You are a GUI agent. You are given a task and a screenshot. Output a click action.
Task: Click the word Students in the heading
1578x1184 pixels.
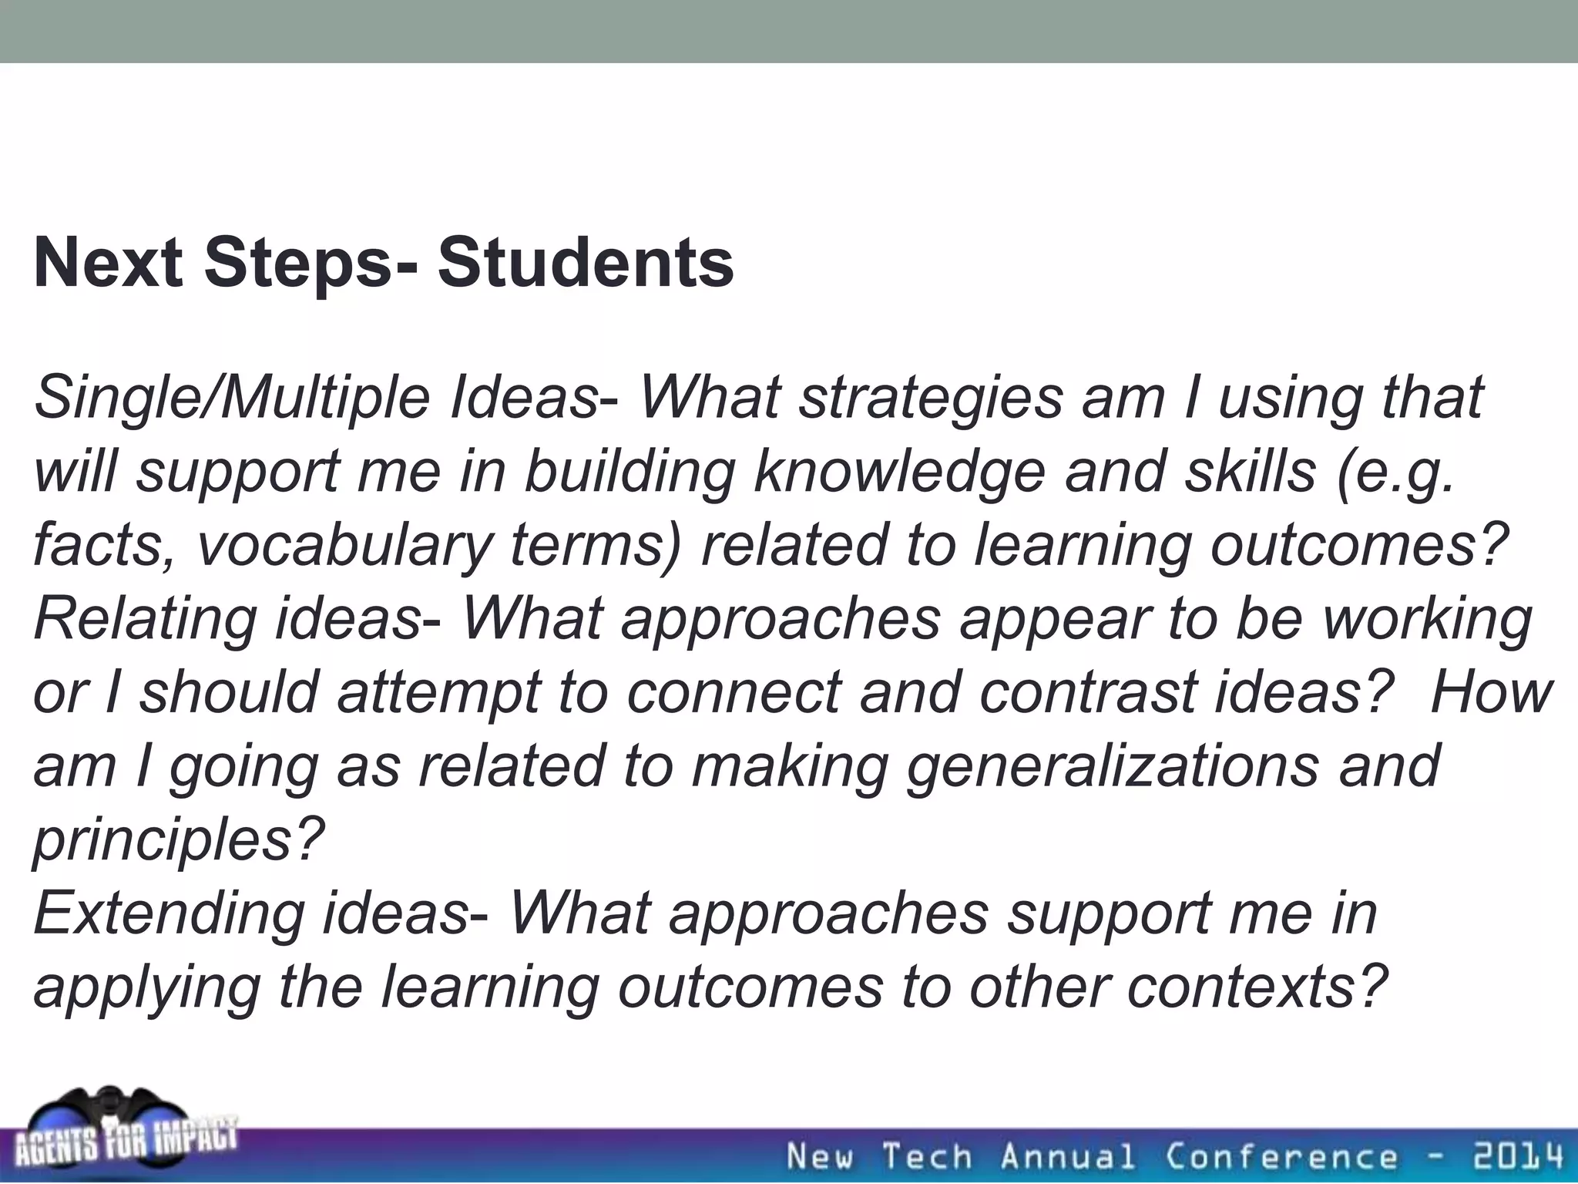point(586,264)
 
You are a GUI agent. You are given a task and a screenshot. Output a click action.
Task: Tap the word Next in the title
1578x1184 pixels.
point(108,264)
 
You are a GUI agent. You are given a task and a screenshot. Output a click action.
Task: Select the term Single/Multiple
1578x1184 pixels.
point(231,399)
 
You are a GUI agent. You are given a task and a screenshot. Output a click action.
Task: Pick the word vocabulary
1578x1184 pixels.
point(344,546)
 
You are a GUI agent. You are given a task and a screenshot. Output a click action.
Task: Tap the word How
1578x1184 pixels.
point(1491,691)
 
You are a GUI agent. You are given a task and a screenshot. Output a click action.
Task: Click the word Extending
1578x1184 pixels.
point(170,913)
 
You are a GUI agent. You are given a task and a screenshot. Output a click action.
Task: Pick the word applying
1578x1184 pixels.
point(146,987)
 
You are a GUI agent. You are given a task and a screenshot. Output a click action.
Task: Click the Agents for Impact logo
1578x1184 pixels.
point(123,1133)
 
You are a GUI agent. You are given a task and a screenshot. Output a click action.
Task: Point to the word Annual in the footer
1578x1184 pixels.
point(1067,1156)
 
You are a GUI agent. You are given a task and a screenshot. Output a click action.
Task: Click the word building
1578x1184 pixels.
point(629,472)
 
